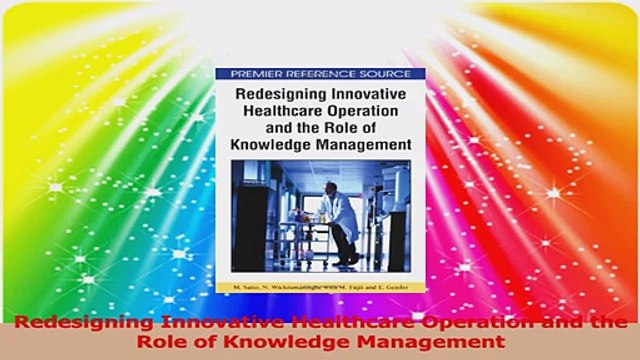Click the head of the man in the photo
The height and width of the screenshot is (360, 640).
(x=330, y=181)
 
